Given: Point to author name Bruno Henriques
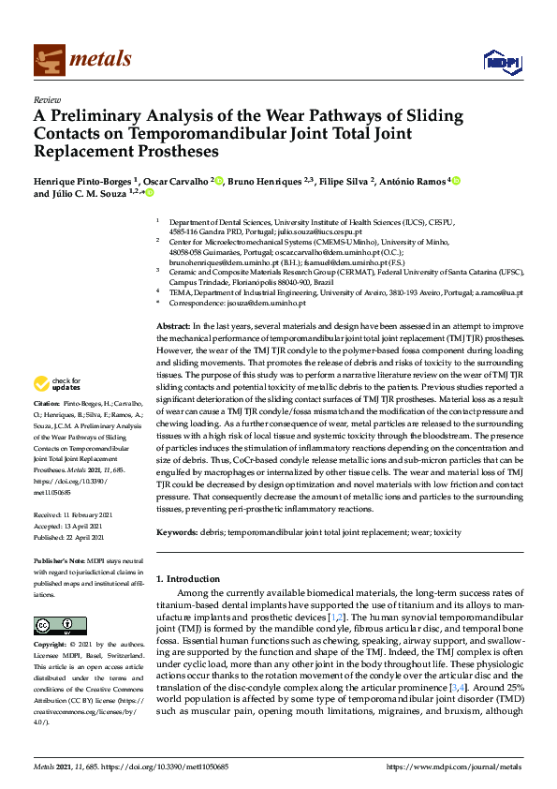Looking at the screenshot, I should click(x=266, y=179).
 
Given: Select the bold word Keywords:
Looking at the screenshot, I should click(x=176, y=531).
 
